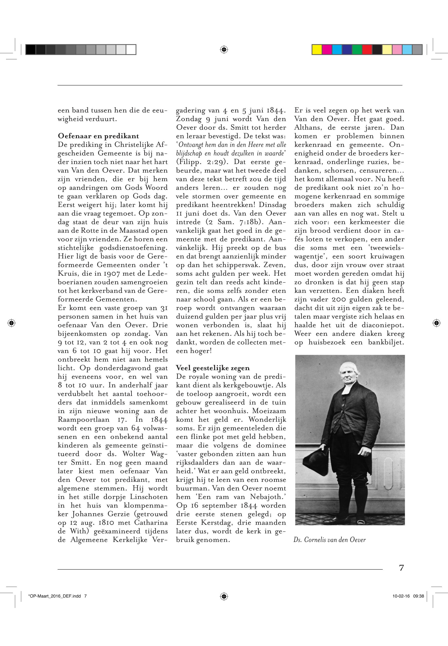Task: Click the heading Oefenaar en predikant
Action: [98, 136]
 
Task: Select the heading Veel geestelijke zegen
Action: [212, 368]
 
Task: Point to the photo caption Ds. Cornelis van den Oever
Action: [330, 540]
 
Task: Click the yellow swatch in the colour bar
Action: [317, 50]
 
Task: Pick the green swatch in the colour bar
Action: [357, 50]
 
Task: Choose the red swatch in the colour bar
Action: [367, 50]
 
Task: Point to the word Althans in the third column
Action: [307, 128]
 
